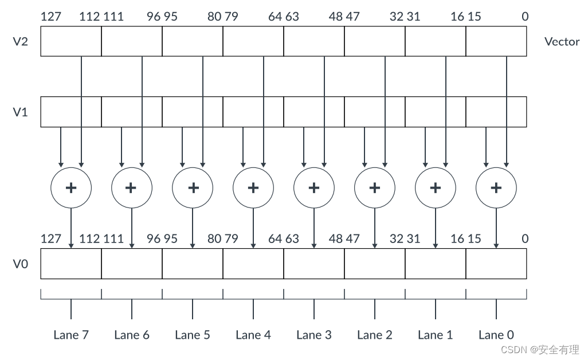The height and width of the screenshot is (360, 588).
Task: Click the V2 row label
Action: (x=21, y=42)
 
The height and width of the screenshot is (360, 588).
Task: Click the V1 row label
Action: (x=21, y=112)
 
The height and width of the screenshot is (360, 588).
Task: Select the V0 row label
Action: (x=21, y=264)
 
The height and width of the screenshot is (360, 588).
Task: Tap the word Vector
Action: (x=562, y=42)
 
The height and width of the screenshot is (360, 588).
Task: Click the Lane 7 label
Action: (x=71, y=335)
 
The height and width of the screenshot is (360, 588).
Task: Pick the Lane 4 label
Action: (x=253, y=335)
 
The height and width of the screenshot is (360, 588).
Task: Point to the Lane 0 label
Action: (x=496, y=335)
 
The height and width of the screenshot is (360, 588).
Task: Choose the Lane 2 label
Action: (x=375, y=335)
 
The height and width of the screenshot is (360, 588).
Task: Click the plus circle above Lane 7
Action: (x=71, y=187)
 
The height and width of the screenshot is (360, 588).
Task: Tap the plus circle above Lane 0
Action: (x=496, y=187)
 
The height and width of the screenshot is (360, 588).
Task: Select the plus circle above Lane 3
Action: (x=314, y=187)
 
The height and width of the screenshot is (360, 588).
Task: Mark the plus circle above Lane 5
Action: (x=193, y=187)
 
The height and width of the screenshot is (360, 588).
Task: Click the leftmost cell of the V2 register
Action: (x=71, y=42)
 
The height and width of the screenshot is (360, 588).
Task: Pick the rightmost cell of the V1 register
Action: (x=496, y=112)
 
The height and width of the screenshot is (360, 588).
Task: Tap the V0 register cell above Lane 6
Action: (x=132, y=264)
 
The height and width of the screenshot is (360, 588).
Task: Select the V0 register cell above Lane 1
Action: (x=436, y=264)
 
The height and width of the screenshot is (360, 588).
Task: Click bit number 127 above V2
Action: (x=51, y=17)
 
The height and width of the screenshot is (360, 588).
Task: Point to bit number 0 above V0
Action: (x=525, y=238)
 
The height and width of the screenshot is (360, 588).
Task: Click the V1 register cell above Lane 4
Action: (x=253, y=112)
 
